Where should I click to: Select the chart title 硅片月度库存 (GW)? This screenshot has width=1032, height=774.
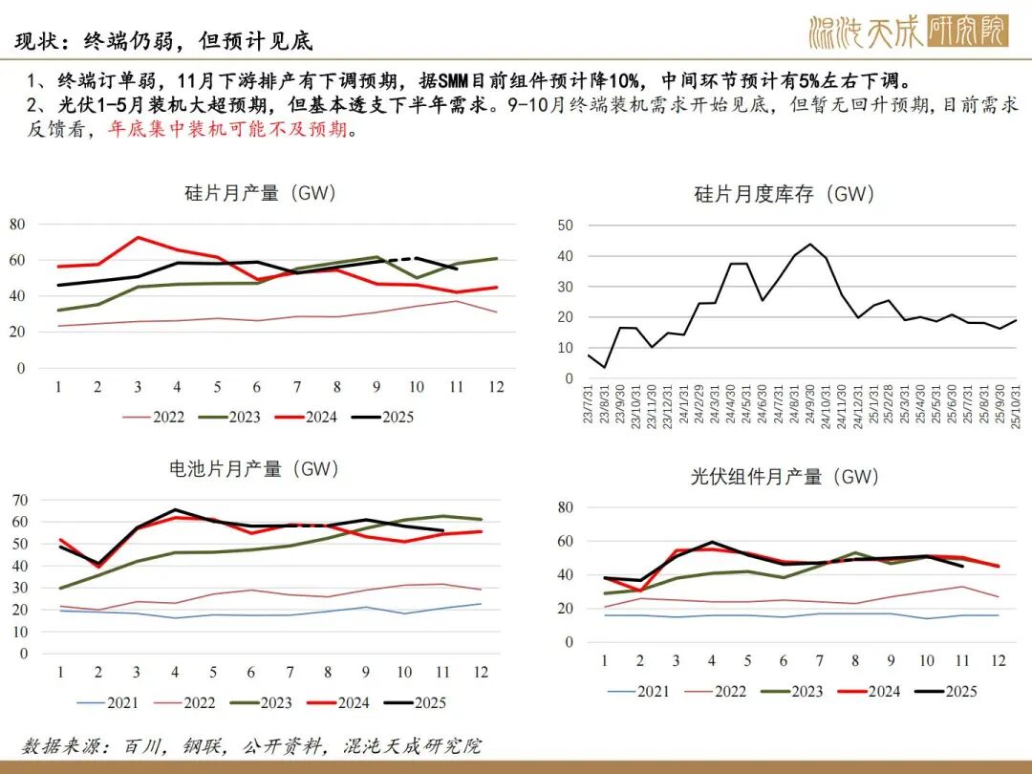click(784, 194)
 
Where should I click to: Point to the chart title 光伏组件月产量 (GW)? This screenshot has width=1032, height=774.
click(785, 475)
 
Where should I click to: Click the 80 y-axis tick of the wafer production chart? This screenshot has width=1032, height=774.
click(17, 224)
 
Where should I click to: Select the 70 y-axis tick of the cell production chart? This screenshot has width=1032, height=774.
click(17, 500)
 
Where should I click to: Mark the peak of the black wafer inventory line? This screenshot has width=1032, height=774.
click(810, 244)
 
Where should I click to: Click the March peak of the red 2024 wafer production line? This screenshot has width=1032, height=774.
click(139, 237)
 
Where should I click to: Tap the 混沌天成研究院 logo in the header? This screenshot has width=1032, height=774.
click(907, 32)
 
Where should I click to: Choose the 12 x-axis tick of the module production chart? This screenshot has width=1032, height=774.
click(998, 661)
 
